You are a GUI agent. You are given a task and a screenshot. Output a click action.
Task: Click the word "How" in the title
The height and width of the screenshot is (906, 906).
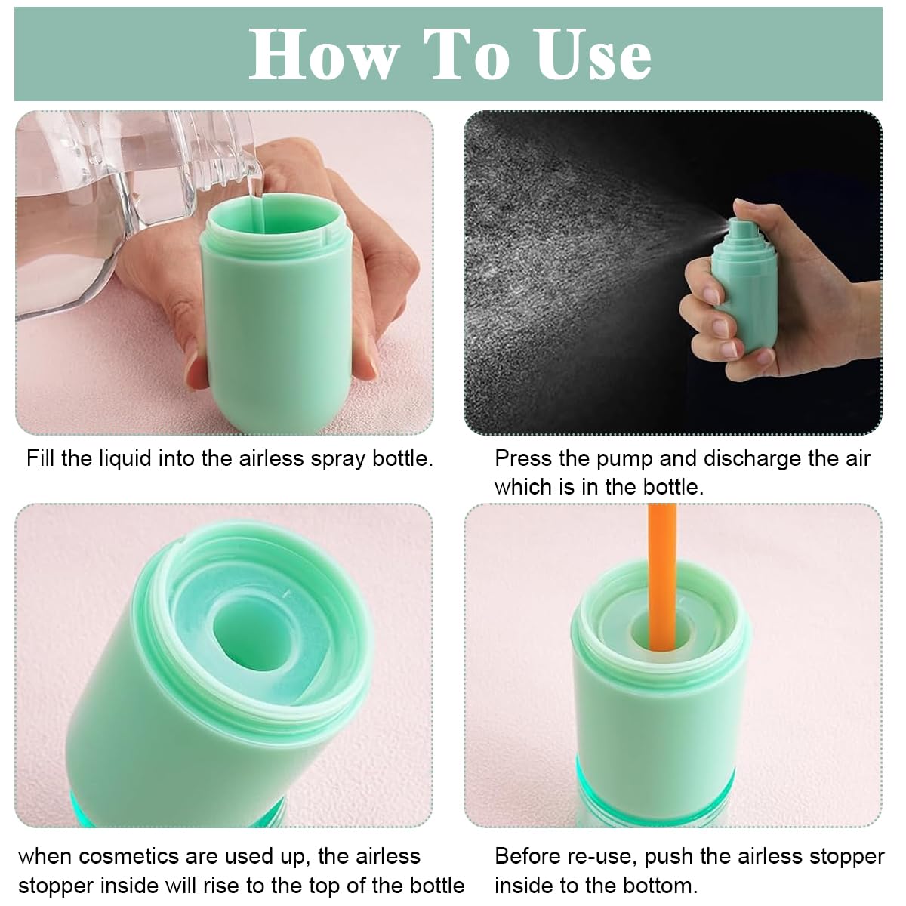tap(324, 54)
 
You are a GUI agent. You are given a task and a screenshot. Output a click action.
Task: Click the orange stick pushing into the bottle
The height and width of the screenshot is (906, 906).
tap(662, 574)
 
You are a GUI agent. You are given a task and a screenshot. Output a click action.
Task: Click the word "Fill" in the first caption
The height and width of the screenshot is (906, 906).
tap(42, 458)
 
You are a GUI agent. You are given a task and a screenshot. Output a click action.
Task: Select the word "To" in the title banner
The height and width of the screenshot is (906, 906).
tap(466, 54)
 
